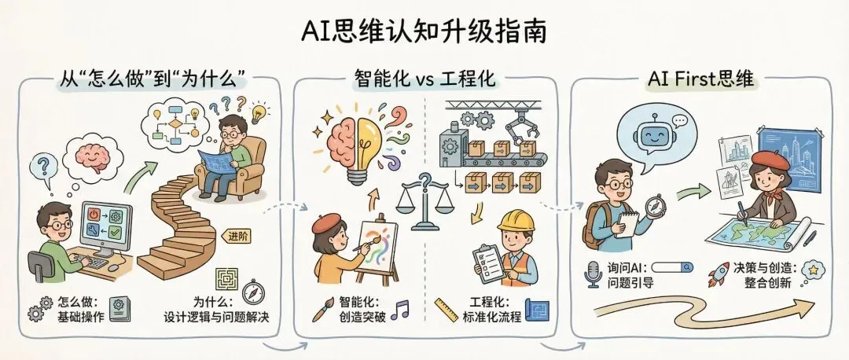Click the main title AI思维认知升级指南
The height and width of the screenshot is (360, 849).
tap(424, 32)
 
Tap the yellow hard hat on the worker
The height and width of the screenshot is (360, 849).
tap(515, 221)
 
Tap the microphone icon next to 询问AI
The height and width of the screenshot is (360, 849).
tap(591, 273)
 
